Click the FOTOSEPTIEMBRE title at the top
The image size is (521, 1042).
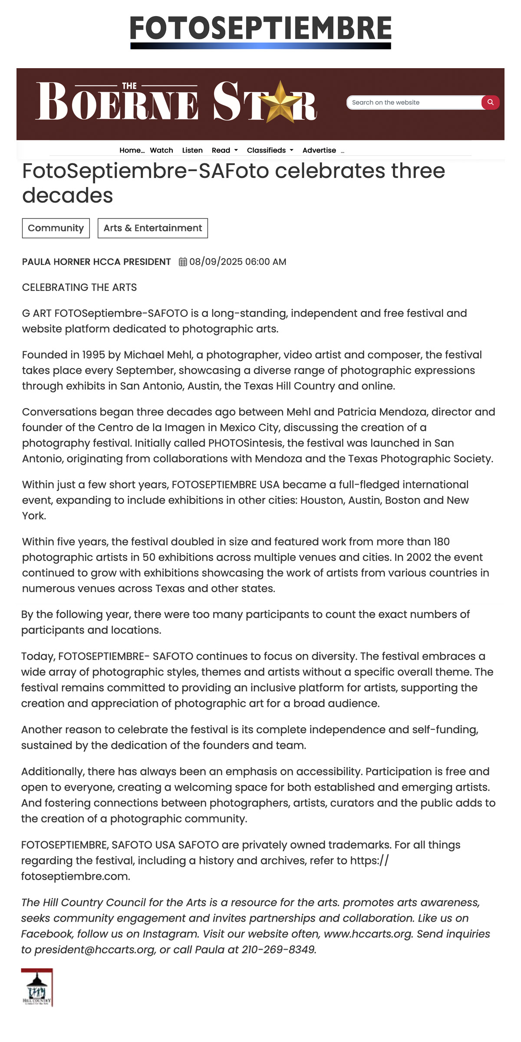[x=260, y=28]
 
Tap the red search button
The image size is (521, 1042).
[x=490, y=102]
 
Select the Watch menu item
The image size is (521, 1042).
[x=162, y=150]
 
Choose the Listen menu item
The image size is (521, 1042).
[x=192, y=150]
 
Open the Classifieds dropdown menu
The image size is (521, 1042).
[x=270, y=150]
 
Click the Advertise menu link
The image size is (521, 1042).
[x=319, y=150]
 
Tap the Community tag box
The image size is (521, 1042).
[x=56, y=228]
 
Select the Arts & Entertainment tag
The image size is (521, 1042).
[x=153, y=228]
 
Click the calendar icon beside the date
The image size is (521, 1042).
[x=183, y=262]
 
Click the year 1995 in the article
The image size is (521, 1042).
[x=93, y=355]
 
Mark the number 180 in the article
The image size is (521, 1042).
[x=442, y=541]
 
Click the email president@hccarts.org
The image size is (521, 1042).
[x=95, y=950]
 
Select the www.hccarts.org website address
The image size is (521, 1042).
[x=368, y=934]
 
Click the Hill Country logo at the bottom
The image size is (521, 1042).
[x=37, y=987]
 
